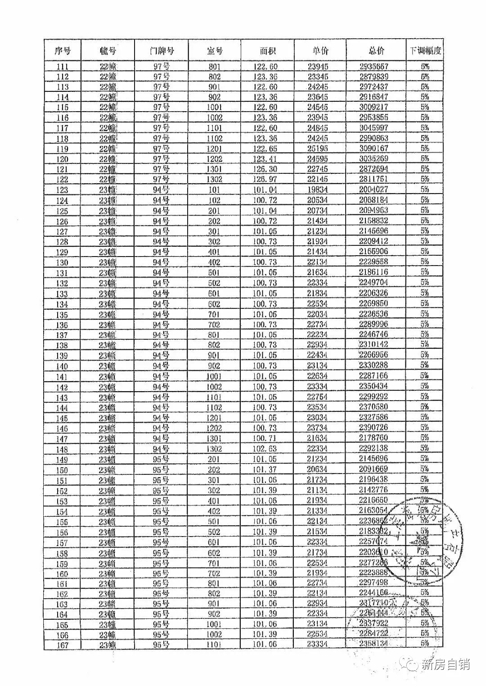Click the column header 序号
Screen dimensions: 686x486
(x=62, y=51)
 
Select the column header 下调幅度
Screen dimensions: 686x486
(x=424, y=50)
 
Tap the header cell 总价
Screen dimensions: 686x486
(x=376, y=50)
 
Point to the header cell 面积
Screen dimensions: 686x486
(x=267, y=51)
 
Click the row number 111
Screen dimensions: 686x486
(x=62, y=67)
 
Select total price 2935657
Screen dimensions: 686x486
(x=373, y=66)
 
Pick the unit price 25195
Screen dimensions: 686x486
(x=318, y=149)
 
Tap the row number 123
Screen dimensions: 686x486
(x=62, y=190)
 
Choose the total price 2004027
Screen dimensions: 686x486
(x=373, y=190)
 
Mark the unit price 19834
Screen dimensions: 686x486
(x=318, y=190)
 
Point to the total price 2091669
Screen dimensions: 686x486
(x=373, y=469)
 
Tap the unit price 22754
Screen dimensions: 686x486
(x=318, y=397)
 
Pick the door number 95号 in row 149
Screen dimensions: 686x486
(x=161, y=459)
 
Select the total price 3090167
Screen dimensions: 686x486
(x=373, y=148)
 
